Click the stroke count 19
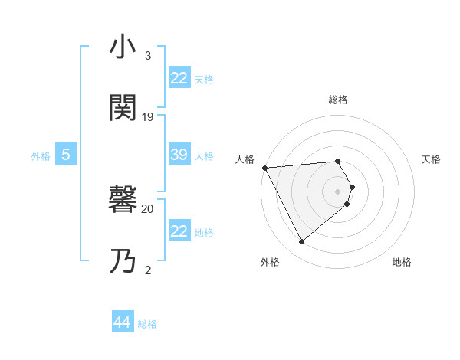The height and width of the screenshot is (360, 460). [148, 117]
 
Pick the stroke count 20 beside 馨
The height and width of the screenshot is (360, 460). [148, 208]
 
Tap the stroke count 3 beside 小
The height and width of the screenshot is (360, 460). [148, 56]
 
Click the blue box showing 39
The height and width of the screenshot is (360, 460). [179, 155]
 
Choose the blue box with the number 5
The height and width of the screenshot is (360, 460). [66, 155]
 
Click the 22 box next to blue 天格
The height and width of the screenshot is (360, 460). [179, 78]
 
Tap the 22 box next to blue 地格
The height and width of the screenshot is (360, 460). [179, 231]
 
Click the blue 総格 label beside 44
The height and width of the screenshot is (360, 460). [147, 324]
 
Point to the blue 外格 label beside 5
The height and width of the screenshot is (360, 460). [41, 155]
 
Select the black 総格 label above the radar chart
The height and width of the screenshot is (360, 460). [338, 100]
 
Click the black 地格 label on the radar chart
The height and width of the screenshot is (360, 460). [402, 262]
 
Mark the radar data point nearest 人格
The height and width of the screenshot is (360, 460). [264, 167]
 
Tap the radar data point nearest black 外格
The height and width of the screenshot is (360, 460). [302, 242]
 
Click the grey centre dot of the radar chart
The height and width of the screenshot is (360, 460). [338, 191]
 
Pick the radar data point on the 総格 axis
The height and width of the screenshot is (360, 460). [338, 162]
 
